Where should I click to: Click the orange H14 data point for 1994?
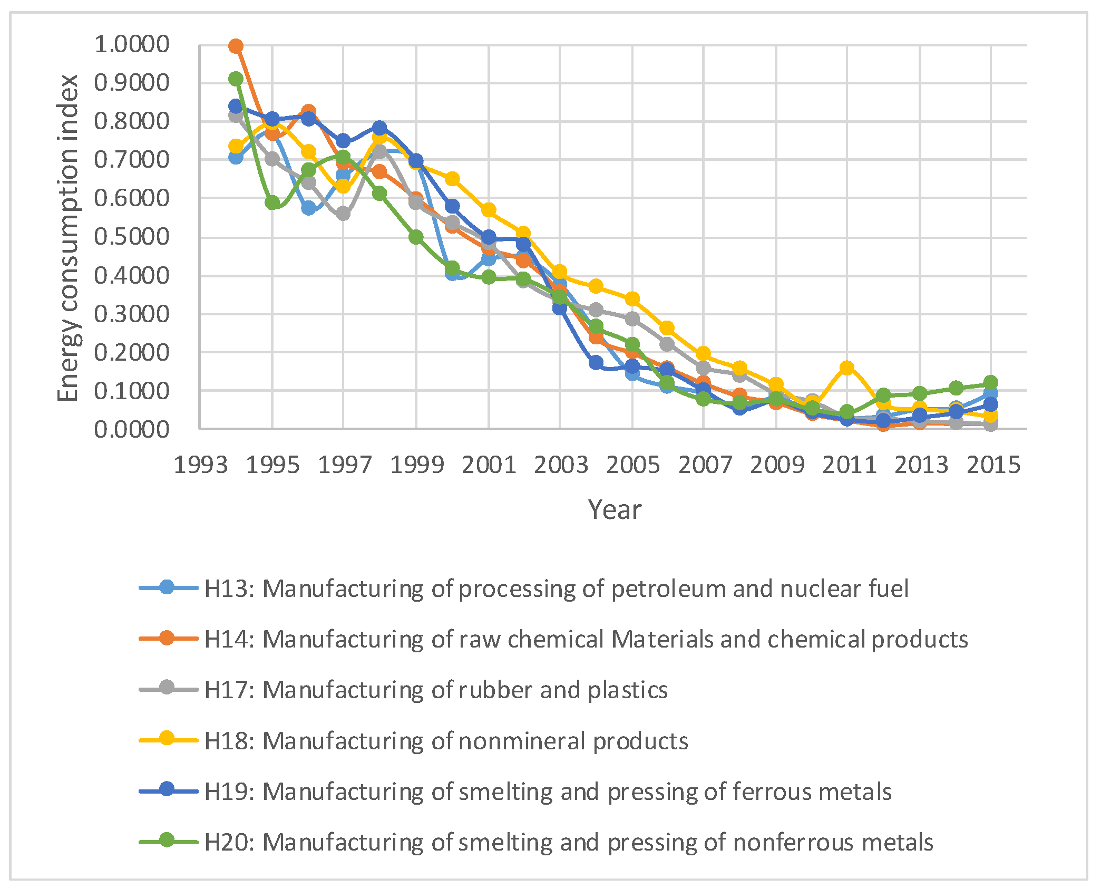click(x=236, y=46)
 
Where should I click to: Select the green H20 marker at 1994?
click(x=236, y=79)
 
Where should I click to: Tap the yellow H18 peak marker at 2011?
click(x=847, y=368)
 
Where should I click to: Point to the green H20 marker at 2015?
click(x=990, y=382)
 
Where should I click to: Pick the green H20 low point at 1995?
click(x=272, y=202)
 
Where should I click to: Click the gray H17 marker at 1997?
click(x=343, y=214)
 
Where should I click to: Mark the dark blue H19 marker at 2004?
click(x=596, y=362)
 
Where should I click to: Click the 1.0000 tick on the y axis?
click(x=132, y=44)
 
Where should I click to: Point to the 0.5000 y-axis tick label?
click(x=132, y=237)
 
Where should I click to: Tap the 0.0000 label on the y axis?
click(x=132, y=430)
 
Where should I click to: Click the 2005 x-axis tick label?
click(x=632, y=465)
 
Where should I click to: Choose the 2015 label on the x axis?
click(x=993, y=465)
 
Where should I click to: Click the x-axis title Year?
click(x=615, y=510)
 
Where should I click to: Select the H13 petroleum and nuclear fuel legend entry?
click(x=556, y=588)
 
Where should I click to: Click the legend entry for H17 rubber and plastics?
click(x=435, y=690)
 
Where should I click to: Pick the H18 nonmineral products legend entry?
click(x=446, y=741)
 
